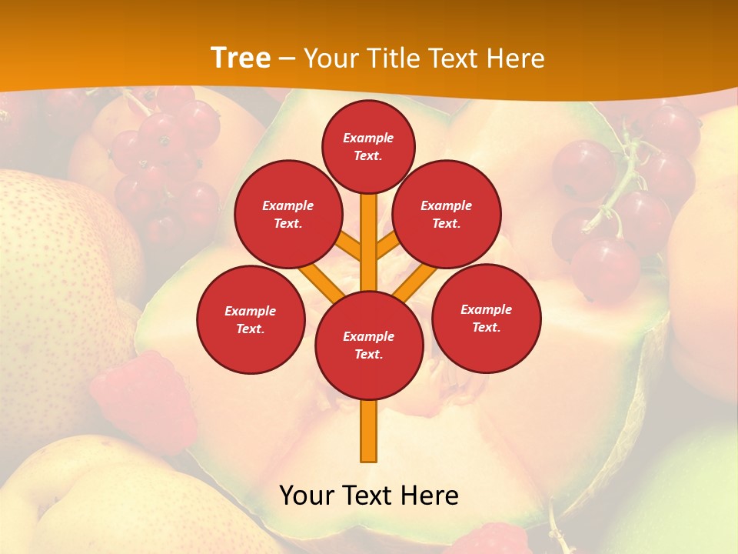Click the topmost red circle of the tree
coord(368,146)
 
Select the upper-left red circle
coord(288,214)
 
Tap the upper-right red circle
coord(447,214)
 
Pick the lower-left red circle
coord(251,319)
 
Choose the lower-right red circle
coord(487,318)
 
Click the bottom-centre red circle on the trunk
coord(369,345)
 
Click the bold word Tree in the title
coord(241,58)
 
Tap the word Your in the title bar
coord(331,58)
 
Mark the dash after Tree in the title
coord(287,59)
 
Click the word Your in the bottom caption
coord(307,496)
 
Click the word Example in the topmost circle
coord(368,138)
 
